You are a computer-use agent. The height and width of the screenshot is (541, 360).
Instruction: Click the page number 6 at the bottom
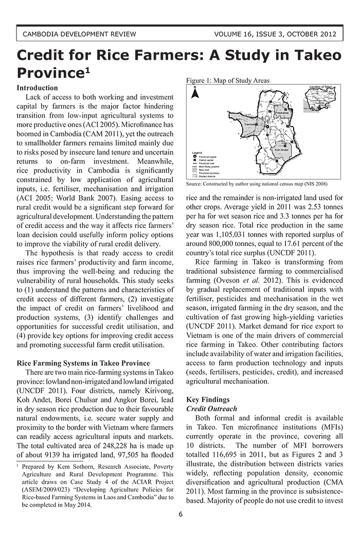point(181,515)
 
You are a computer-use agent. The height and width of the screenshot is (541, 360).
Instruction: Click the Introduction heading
point(38,88)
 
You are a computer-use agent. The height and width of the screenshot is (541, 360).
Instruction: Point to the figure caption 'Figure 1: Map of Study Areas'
point(227,80)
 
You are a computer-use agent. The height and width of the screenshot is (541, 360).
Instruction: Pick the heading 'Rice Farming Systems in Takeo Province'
point(83,363)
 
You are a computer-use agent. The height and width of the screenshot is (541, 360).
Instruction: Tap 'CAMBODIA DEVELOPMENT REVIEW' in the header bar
point(79,34)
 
